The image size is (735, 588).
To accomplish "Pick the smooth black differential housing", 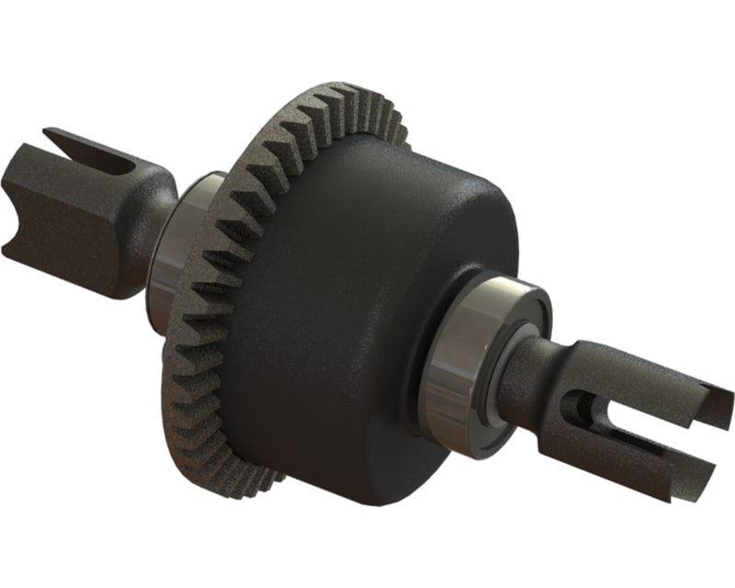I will click(367, 303).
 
